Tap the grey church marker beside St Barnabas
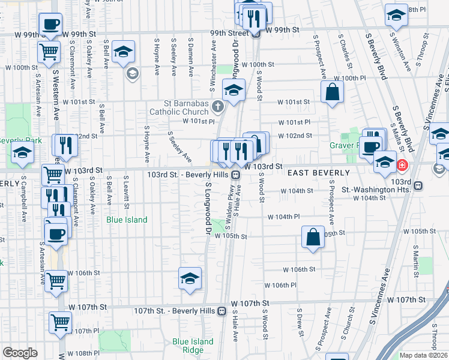218,107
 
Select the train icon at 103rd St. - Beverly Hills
237,175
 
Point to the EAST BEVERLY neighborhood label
318,173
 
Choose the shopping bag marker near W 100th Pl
331,93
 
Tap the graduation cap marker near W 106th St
190,278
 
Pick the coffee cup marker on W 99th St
50,25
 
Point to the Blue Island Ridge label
193,346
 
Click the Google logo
20,353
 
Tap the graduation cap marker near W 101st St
233,91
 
